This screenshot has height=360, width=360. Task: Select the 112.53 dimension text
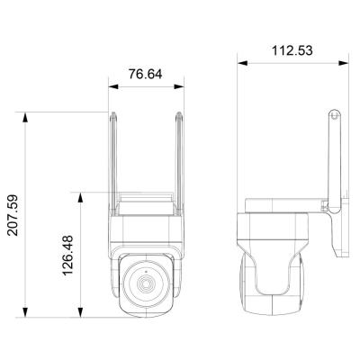[x=293, y=51]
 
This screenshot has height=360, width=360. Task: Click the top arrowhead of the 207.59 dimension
[x=28, y=114]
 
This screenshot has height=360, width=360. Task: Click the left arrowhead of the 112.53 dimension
[x=240, y=64]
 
